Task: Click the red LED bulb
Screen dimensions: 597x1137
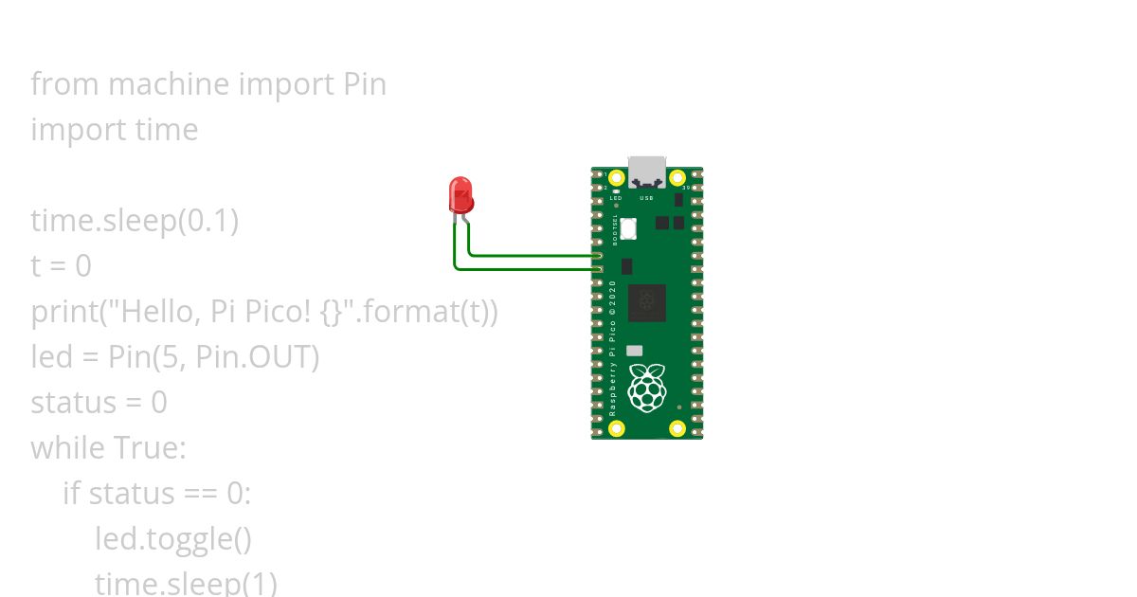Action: click(x=460, y=194)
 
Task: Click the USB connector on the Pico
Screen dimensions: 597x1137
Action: click(x=647, y=171)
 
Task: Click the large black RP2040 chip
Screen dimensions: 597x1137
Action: click(x=647, y=302)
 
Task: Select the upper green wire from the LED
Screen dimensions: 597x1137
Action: click(x=531, y=255)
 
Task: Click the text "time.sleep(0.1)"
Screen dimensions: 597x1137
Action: click(x=135, y=221)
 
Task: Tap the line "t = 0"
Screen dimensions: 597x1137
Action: click(x=61, y=266)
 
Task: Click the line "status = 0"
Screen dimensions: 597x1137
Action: click(x=99, y=403)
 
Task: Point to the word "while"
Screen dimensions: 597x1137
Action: click(x=67, y=448)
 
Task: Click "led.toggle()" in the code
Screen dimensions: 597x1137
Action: click(x=173, y=539)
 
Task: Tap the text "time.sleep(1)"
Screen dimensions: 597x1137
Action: click(x=186, y=582)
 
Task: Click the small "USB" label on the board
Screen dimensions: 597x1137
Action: click(x=647, y=198)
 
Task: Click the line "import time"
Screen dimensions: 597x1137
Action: click(x=114, y=130)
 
